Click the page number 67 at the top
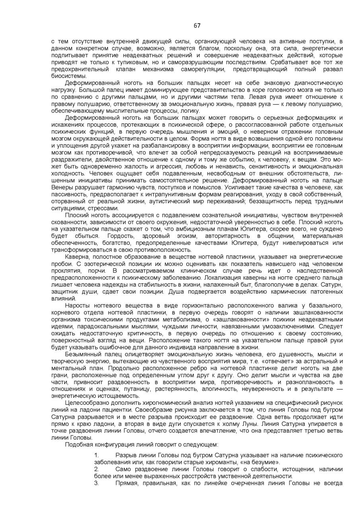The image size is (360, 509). click(x=197, y=26)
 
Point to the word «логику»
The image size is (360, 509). click(x=190, y=111)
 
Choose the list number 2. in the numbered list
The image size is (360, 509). click(x=97, y=469)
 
